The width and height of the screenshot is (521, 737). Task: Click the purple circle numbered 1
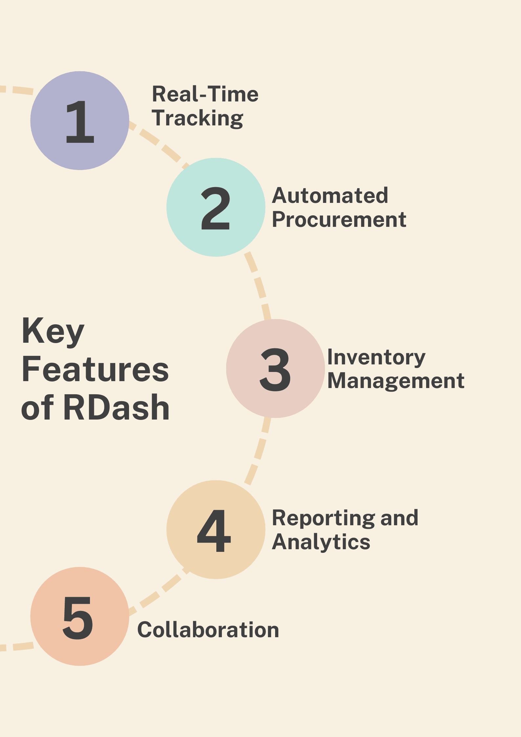[80, 120]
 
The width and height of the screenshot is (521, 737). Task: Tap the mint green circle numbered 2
[216, 207]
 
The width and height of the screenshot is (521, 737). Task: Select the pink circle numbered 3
[275, 368]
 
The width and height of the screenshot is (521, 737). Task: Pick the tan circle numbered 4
[216, 530]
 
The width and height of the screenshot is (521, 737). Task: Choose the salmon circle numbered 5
[80, 616]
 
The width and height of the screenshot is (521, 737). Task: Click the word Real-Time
[205, 94]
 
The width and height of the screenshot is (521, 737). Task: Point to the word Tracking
[197, 119]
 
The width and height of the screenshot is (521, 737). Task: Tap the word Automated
[330, 196]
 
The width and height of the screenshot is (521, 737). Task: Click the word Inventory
[377, 358]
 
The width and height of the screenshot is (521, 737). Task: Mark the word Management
[396, 381]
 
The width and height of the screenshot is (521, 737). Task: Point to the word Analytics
[321, 542]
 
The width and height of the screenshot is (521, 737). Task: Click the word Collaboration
[208, 630]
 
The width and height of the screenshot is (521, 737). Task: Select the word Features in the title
[95, 370]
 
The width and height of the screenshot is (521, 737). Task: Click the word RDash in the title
[117, 408]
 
